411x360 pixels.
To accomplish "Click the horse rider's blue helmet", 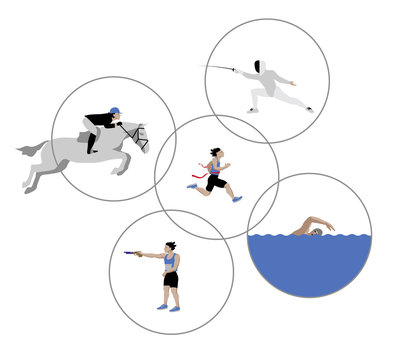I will click(x=114, y=111).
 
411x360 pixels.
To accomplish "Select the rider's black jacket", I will click(x=99, y=121).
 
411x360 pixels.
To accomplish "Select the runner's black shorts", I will click(x=216, y=182).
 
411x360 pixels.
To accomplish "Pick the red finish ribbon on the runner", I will click(x=204, y=172).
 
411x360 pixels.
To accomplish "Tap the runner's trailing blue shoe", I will click(x=192, y=185).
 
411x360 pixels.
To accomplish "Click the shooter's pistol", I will click(x=132, y=253).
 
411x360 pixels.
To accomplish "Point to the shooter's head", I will click(x=171, y=246).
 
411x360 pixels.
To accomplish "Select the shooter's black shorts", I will click(x=171, y=280).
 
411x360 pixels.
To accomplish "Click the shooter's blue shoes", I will click(x=168, y=307).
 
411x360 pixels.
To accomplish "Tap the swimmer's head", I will click(x=316, y=232).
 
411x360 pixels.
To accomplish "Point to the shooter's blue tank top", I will click(x=170, y=262).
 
